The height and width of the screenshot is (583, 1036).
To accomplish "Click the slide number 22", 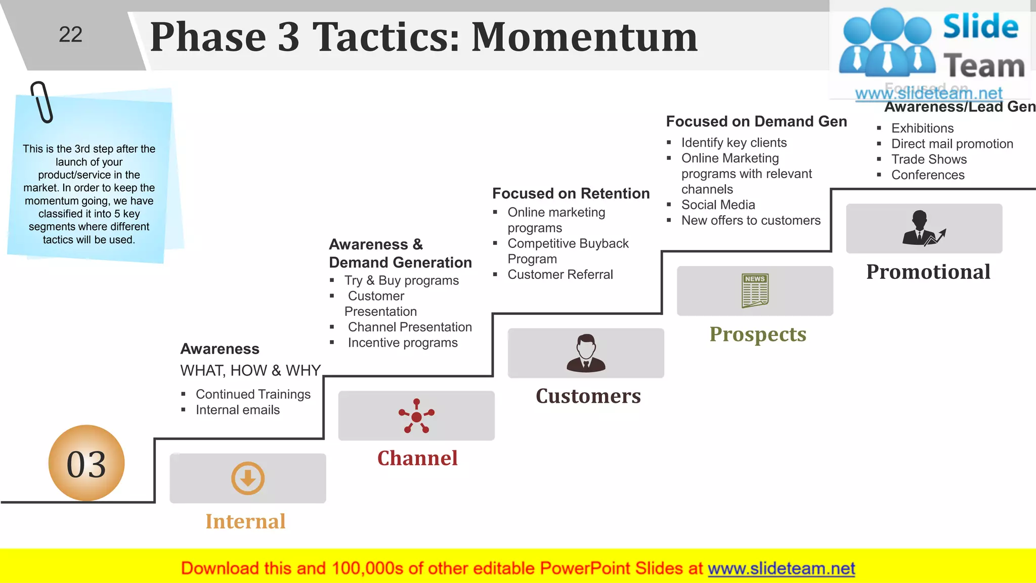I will click(x=70, y=35).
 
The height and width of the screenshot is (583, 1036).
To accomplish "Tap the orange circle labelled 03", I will click(x=87, y=463).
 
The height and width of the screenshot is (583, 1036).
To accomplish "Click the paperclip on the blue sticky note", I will click(x=42, y=102).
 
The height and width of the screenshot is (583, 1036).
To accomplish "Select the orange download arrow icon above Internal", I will click(x=248, y=478).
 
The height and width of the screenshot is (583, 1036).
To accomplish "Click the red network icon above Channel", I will click(x=416, y=416).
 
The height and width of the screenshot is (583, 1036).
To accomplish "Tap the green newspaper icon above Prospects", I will click(x=755, y=291).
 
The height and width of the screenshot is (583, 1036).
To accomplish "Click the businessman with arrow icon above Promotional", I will click(x=923, y=229).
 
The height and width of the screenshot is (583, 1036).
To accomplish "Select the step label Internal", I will click(x=245, y=521).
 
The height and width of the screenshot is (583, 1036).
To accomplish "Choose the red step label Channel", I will click(x=417, y=458).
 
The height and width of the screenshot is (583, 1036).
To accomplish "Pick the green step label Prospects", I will click(x=757, y=334).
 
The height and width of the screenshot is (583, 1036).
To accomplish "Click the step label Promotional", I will click(x=928, y=272).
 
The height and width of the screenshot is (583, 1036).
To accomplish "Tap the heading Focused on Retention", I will click(x=571, y=193).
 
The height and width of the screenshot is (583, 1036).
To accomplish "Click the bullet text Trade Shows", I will click(x=929, y=159).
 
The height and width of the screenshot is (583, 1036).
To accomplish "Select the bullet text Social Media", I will click(x=718, y=205).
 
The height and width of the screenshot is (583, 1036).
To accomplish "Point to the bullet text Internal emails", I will click(x=237, y=410).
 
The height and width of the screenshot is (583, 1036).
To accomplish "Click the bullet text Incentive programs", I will click(x=403, y=343).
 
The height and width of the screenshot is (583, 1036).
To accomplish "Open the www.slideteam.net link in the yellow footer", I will click(x=781, y=568).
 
